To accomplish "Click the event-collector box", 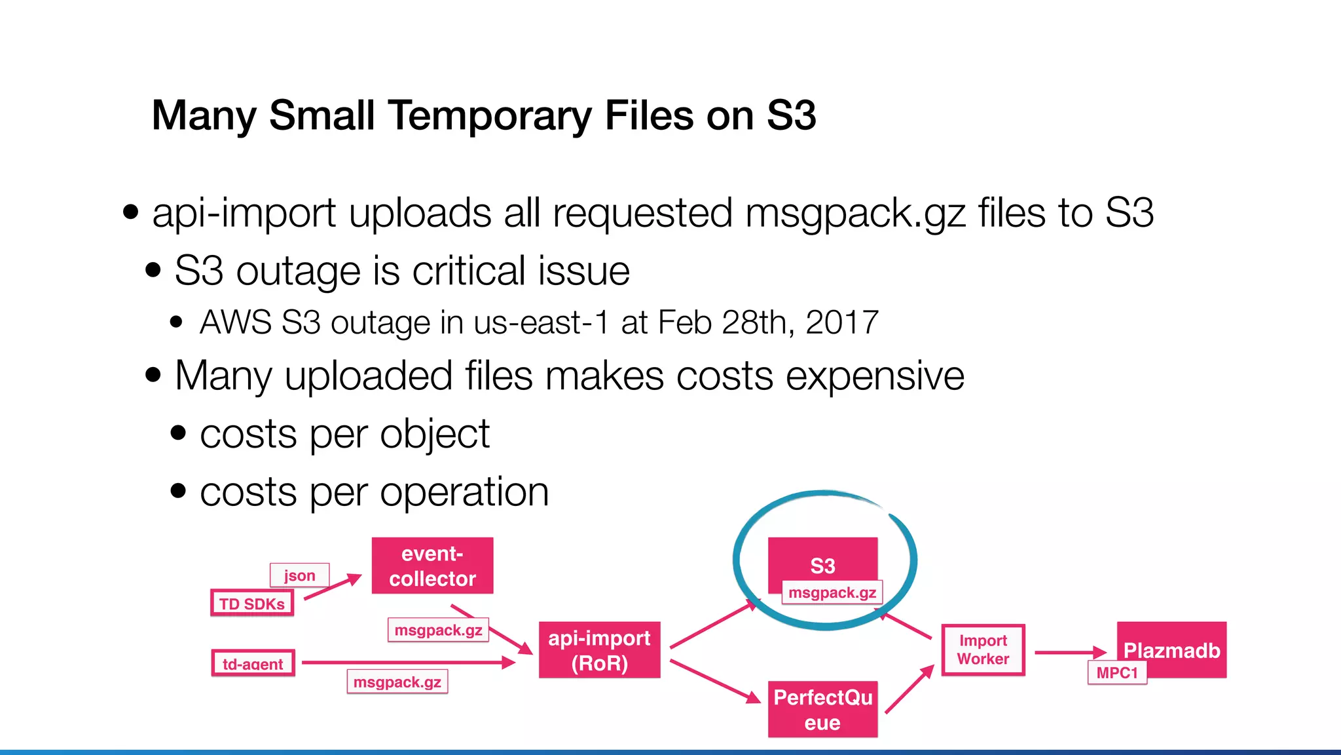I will (x=432, y=566).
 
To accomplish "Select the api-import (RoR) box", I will (x=599, y=649).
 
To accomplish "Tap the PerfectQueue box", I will (x=822, y=709).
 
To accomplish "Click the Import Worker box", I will (x=983, y=649).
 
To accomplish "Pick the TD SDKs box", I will (x=252, y=603).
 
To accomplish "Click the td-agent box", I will (x=253, y=663).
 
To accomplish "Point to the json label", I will (x=299, y=575).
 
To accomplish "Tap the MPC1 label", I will (x=1117, y=672).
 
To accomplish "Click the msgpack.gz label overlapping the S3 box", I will (x=832, y=592).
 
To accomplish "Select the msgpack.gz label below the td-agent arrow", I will (x=397, y=682).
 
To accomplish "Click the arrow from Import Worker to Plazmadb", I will (x=1069, y=652).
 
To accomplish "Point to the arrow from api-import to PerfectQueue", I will (x=714, y=681).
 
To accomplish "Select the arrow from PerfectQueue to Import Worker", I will (x=909, y=689).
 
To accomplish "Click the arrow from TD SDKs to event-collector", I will (x=332, y=586).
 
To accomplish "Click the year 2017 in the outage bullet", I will (x=842, y=322).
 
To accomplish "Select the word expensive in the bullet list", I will (x=875, y=376).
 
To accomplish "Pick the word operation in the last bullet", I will (x=464, y=492).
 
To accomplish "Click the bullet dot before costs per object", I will (x=178, y=433).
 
